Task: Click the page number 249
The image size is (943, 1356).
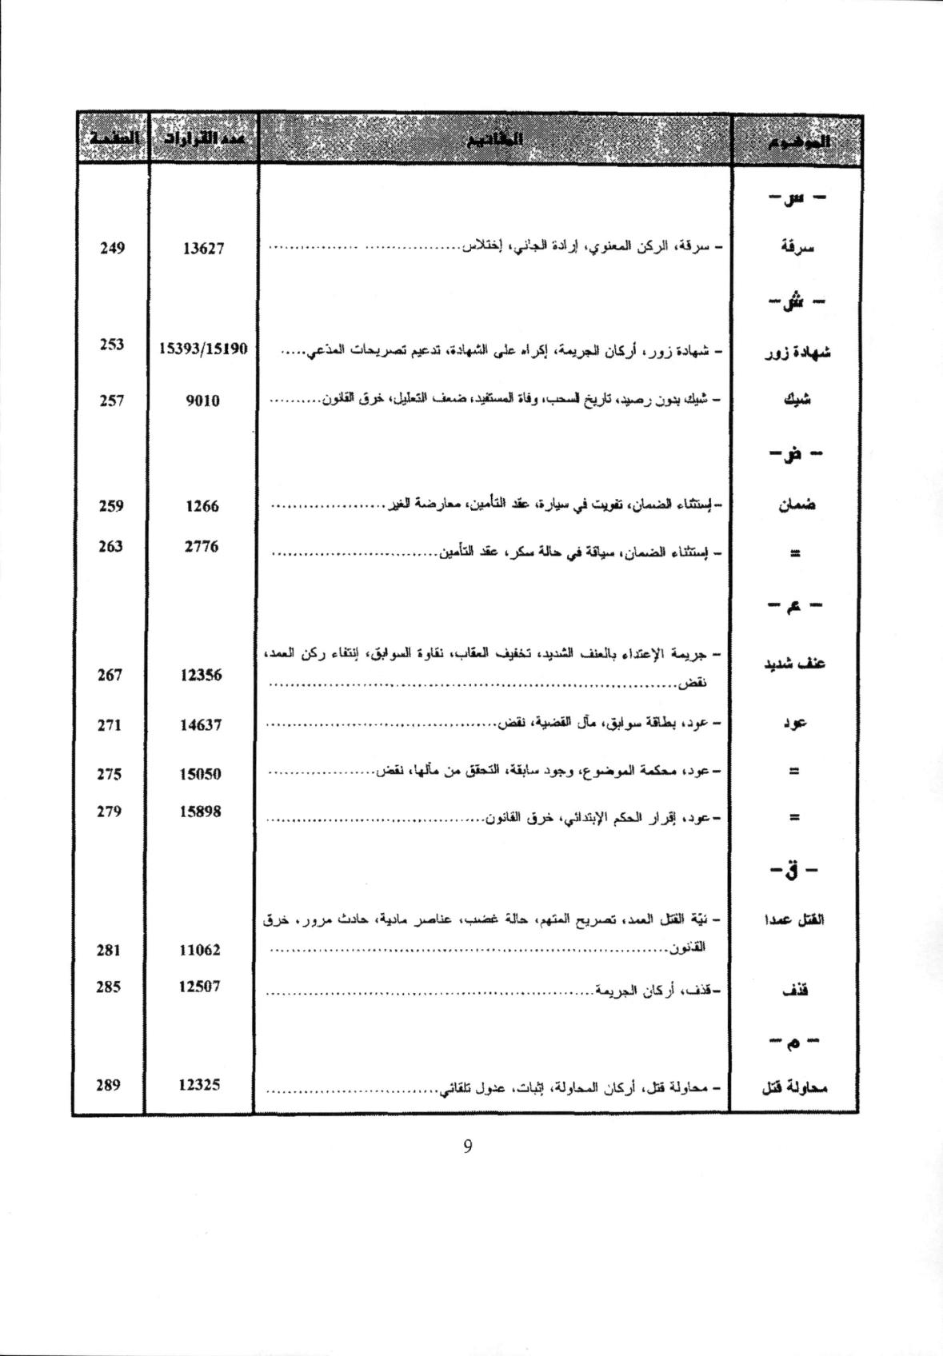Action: [x=112, y=248]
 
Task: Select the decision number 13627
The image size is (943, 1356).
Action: [x=203, y=249]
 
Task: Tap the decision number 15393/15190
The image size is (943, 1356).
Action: [x=204, y=349]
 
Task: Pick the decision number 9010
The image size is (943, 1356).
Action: [x=202, y=401]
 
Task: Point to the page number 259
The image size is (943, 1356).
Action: [x=111, y=505]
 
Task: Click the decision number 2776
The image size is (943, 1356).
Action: [x=202, y=547]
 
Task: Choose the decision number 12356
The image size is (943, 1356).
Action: [x=202, y=675]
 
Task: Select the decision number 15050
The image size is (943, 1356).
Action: [x=201, y=774]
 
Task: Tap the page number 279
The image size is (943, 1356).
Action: [x=109, y=812]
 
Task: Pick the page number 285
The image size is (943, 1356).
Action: [x=108, y=987]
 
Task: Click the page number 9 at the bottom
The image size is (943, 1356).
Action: [x=468, y=1147]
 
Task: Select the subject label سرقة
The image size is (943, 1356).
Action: [x=797, y=247]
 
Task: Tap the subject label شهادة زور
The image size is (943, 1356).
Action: [x=797, y=352]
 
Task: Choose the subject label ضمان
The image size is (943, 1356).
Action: [x=796, y=506]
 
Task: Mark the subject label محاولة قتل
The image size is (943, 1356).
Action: [x=794, y=1087]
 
